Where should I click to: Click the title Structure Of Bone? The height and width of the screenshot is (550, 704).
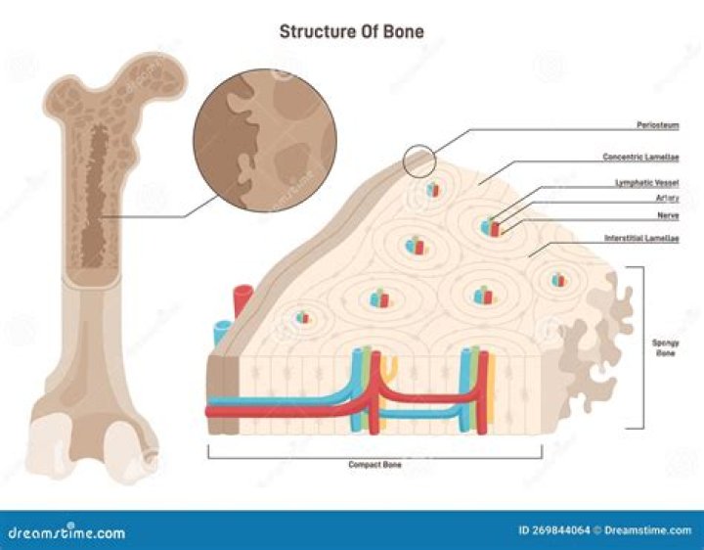click(x=351, y=30)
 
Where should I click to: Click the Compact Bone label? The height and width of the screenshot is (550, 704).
click(x=375, y=465)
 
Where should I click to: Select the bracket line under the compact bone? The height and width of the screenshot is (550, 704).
click(x=375, y=453)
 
